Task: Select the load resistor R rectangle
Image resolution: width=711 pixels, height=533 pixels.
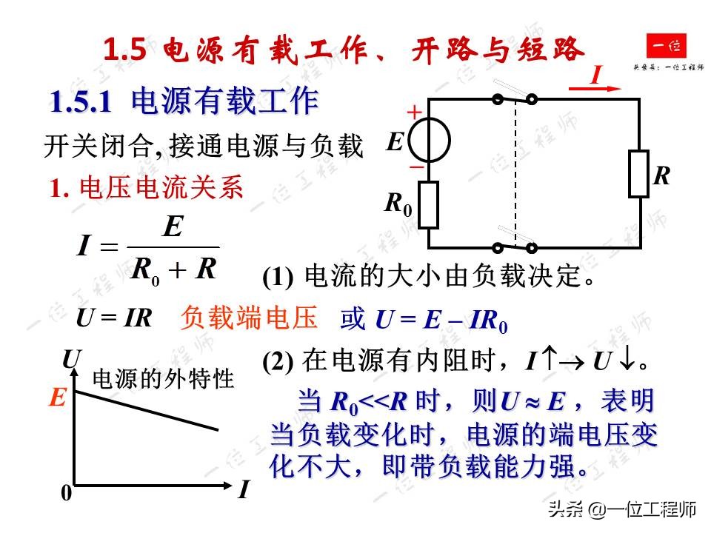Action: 638,174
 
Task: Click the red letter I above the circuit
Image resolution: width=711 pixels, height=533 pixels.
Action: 596,75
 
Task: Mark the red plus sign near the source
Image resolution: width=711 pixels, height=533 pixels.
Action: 415,112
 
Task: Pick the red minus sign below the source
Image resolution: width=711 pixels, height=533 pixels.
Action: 416,167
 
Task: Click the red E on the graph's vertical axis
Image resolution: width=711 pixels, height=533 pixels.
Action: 58,399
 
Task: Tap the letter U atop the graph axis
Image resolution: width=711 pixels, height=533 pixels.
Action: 70,360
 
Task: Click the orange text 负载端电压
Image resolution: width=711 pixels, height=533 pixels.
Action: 248,318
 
